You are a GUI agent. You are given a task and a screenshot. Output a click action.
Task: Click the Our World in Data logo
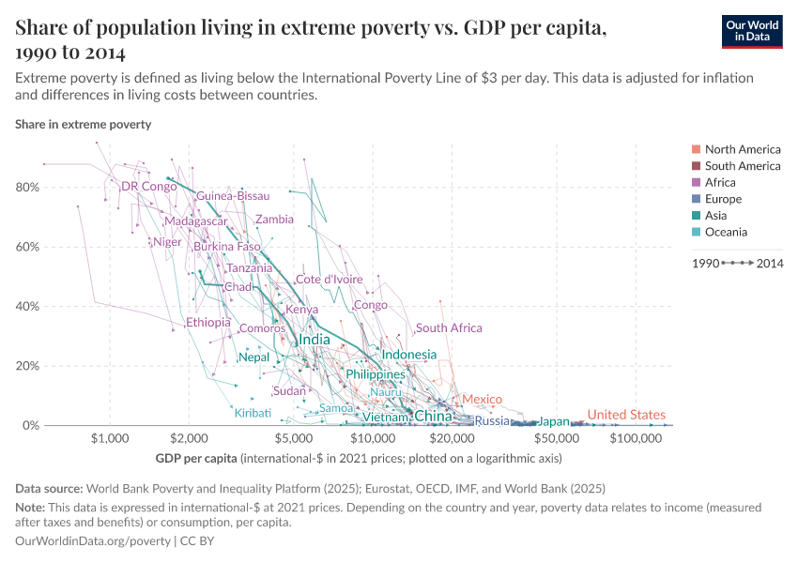pos(753,31)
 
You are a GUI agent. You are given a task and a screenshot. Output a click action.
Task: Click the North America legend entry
pos(742,149)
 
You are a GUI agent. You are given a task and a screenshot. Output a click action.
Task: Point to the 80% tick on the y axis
pos(27,188)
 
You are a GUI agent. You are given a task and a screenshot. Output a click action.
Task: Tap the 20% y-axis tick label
pos(27,366)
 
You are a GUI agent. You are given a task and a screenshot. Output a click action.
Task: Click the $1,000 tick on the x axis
pos(111,438)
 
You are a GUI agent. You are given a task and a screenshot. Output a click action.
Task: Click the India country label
pos(315,340)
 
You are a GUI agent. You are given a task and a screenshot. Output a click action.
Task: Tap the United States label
pos(626,415)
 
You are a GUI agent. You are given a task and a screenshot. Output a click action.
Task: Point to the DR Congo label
pos(149,187)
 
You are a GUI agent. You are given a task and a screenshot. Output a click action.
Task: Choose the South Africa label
pos(449,328)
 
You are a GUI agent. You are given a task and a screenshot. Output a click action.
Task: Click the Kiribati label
pos(253,413)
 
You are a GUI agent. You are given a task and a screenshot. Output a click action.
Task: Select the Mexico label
pos(482,400)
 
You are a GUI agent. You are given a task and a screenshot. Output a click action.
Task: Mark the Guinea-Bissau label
pos(233,196)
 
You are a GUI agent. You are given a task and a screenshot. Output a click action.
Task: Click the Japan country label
pos(554,421)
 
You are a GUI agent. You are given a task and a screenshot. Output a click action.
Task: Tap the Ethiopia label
pos(207,323)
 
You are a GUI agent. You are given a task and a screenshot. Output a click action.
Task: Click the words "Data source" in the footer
pos(49,488)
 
